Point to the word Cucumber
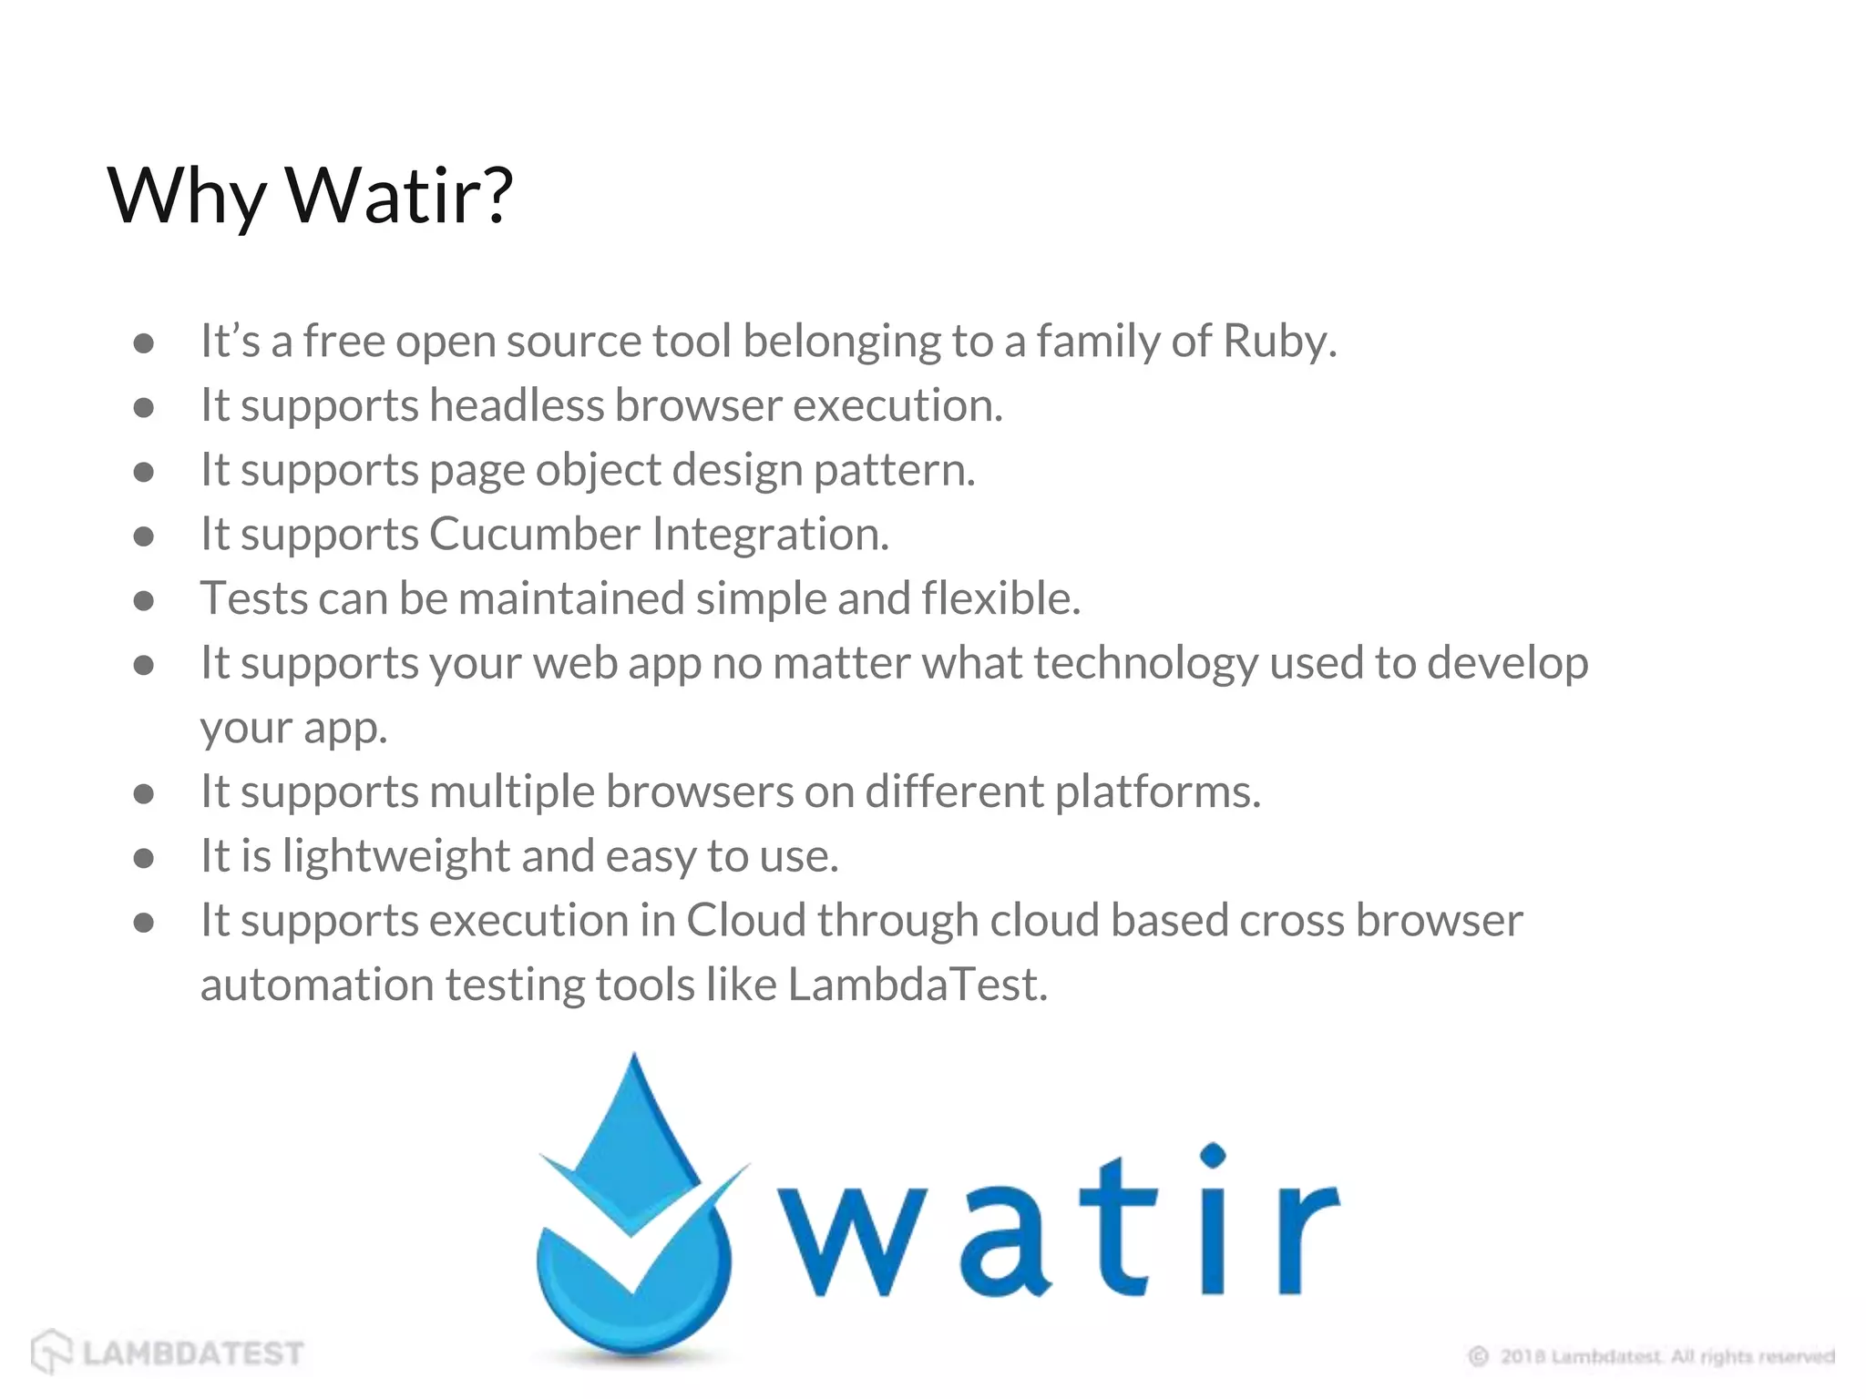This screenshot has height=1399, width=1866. point(535,534)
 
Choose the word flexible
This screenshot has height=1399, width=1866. point(1000,598)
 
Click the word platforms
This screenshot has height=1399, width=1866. point(1157,791)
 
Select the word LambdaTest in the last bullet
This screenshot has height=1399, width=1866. point(917,985)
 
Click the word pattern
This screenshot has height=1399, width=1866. point(893,471)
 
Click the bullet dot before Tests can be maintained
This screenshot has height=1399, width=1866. point(143,601)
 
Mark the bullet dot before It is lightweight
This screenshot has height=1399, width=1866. point(143,858)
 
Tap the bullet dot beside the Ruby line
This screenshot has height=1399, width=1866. point(143,343)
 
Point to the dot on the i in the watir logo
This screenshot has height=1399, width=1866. point(1213,1156)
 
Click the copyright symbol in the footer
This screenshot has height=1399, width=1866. point(1478,1357)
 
